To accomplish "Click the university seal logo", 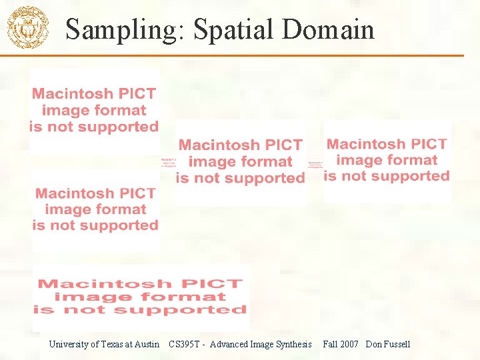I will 27,27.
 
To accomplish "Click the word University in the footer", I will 68,345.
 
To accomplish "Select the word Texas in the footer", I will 113,345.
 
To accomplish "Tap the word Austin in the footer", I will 147,345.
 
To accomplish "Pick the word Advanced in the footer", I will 229,345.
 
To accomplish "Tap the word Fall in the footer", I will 330,345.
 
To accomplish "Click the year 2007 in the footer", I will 349,345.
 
